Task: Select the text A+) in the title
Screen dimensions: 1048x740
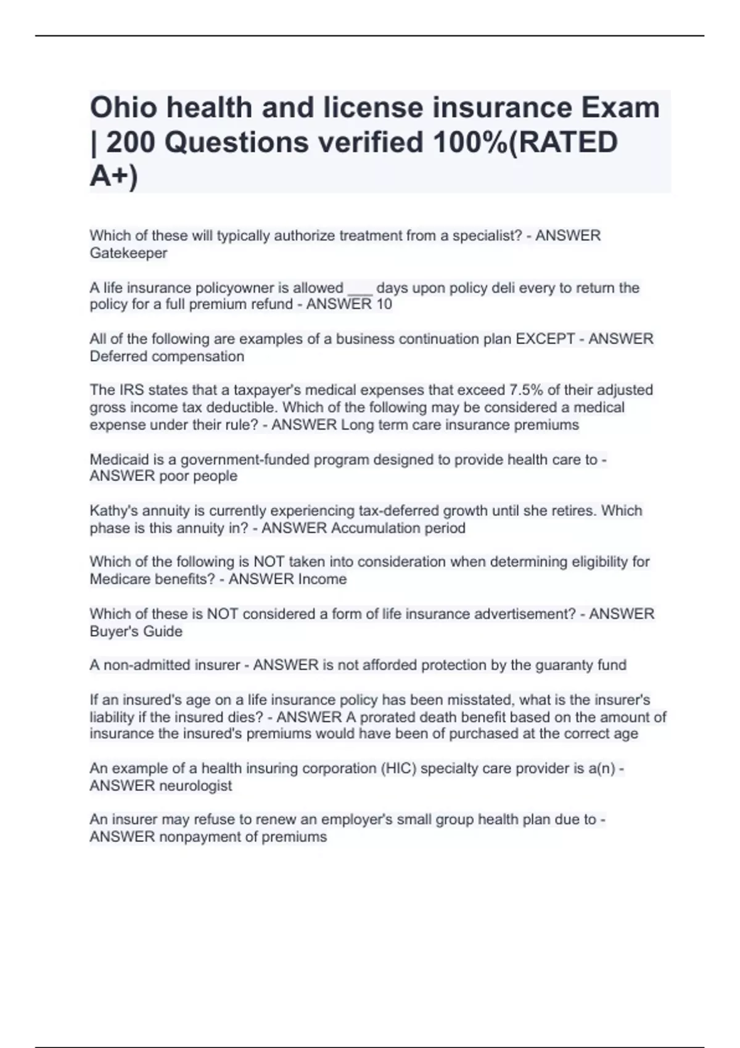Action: point(114,177)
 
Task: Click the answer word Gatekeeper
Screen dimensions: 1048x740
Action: point(128,253)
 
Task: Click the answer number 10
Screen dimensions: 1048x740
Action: point(384,305)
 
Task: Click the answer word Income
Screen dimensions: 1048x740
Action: point(322,579)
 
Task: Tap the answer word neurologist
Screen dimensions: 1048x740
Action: point(195,786)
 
